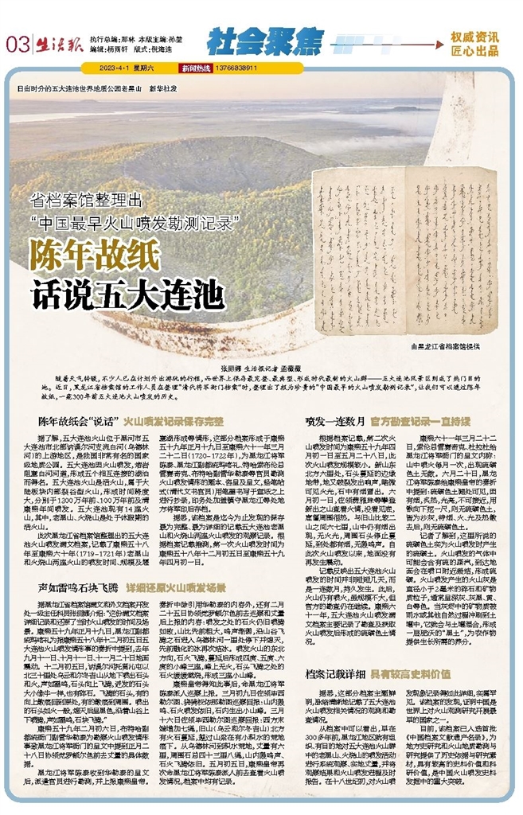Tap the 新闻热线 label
(194, 68)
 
